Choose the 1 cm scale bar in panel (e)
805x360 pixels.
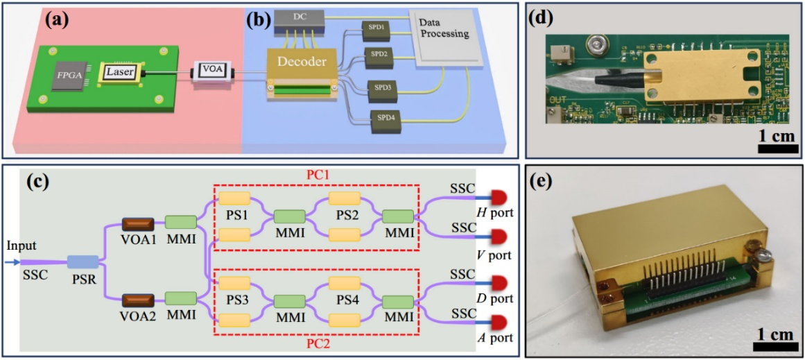[x=772, y=345]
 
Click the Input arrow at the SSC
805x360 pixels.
[x=15, y=262]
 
